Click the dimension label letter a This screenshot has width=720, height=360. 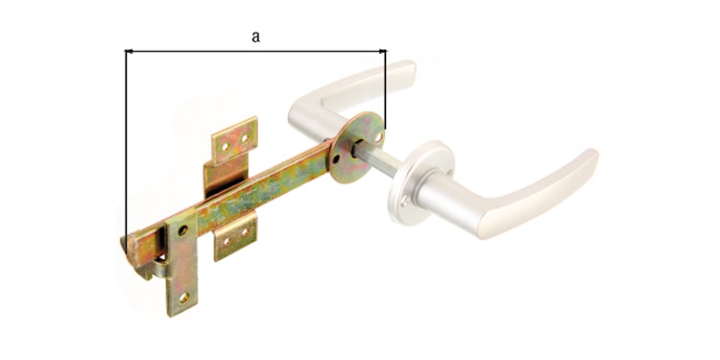tap(255, 36)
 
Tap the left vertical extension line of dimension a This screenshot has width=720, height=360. tap(127, 144)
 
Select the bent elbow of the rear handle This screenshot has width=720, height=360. tap(302, 107)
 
